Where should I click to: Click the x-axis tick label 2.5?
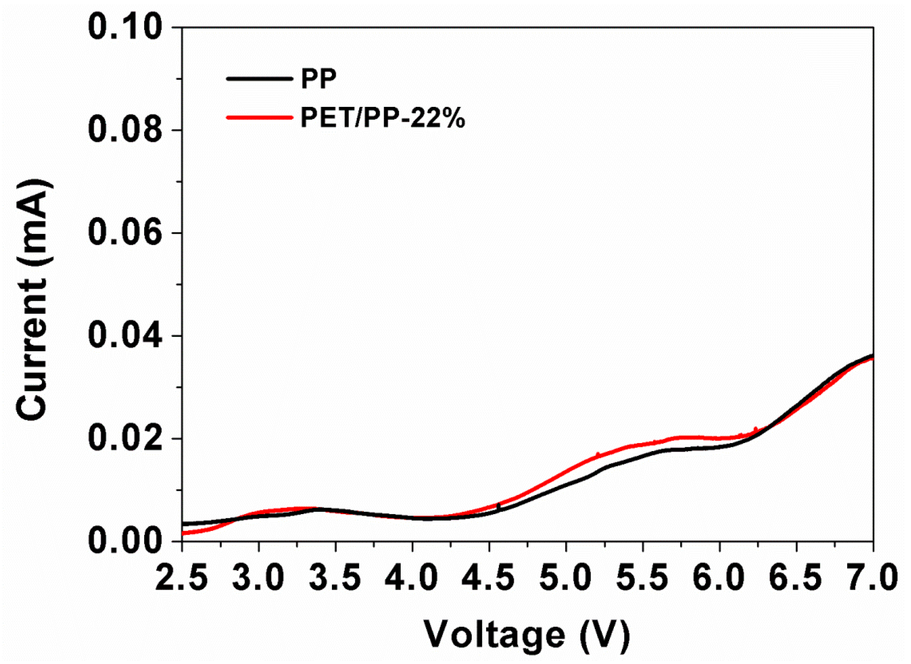tap(182, 578)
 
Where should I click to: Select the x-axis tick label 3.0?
tap(259, 578)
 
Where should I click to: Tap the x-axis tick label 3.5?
tap(335, 578)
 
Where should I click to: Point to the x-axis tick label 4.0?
tap(412, 578)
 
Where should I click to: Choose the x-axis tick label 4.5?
tap(489, 578)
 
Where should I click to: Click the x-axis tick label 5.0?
tap(566, 578)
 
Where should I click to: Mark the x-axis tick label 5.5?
tap(642, 578)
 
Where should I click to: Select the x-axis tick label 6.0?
tap(719, 578)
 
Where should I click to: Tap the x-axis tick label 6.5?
tap(796, 578)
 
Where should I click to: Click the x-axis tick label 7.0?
tap(873, 578)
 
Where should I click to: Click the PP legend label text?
tap(319, 79)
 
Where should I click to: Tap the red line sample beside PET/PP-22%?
tap(259, 117)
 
